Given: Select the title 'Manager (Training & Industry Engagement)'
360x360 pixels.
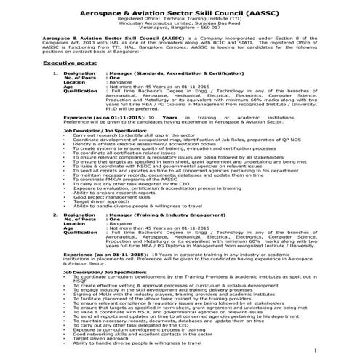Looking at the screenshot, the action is [x=160, y=216].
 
